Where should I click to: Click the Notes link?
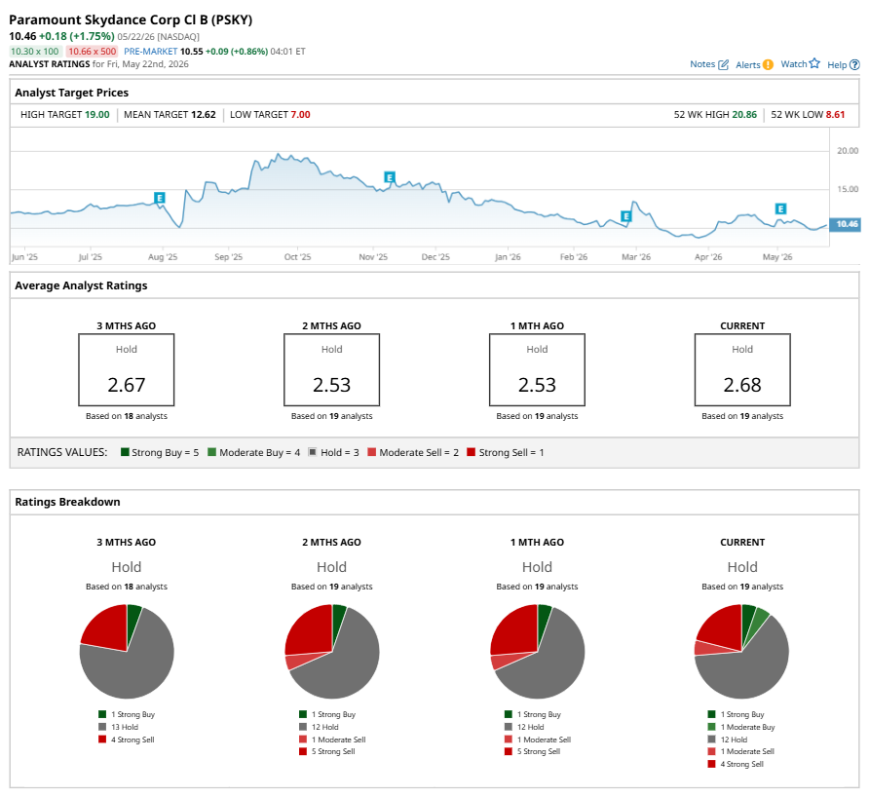click(x=709, y=64)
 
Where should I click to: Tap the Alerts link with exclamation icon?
click(x=754, y=65)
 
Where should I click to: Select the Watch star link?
click(x=800, y=63)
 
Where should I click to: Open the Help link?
click(x=844, y=65)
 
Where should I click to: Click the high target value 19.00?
click(x=97, y=115)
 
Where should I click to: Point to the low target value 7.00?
click(x=300, y=115)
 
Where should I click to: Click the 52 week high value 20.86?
click(x=744, y=115)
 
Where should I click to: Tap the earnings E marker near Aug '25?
click(x=160, y=198)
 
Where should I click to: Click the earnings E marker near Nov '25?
click(x=390, y=177)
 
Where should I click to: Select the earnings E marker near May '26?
click(x=780, y=209)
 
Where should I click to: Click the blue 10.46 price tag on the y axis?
click(x=846, y=224)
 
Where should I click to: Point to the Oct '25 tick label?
click(x=297, y=257)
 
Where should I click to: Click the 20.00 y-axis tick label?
click(x=848, y=151)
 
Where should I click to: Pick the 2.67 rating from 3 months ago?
click(x=127, y=385)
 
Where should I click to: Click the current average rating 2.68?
click(x=742, y=385)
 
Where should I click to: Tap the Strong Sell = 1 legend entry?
click(x=506, y=452)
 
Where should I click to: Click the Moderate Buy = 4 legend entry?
click(x=254, y=452)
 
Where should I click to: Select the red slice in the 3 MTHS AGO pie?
click(x=105, y=628)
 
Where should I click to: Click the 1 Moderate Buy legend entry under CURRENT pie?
click(x=741, y=727)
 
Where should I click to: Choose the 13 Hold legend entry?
click(x=119, y=727)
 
